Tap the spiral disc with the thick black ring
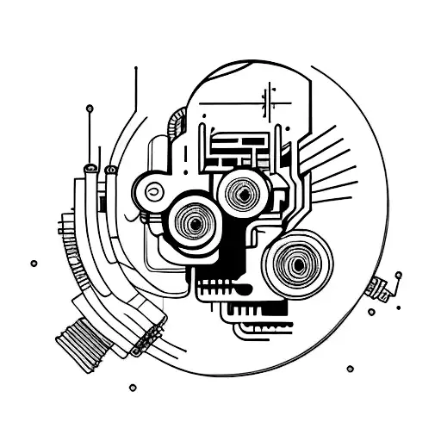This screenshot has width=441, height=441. point(196,225)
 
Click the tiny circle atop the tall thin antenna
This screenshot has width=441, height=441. point(90,109)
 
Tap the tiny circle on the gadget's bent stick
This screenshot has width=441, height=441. point(398,276)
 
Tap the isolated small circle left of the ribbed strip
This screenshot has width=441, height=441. point(34,263)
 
